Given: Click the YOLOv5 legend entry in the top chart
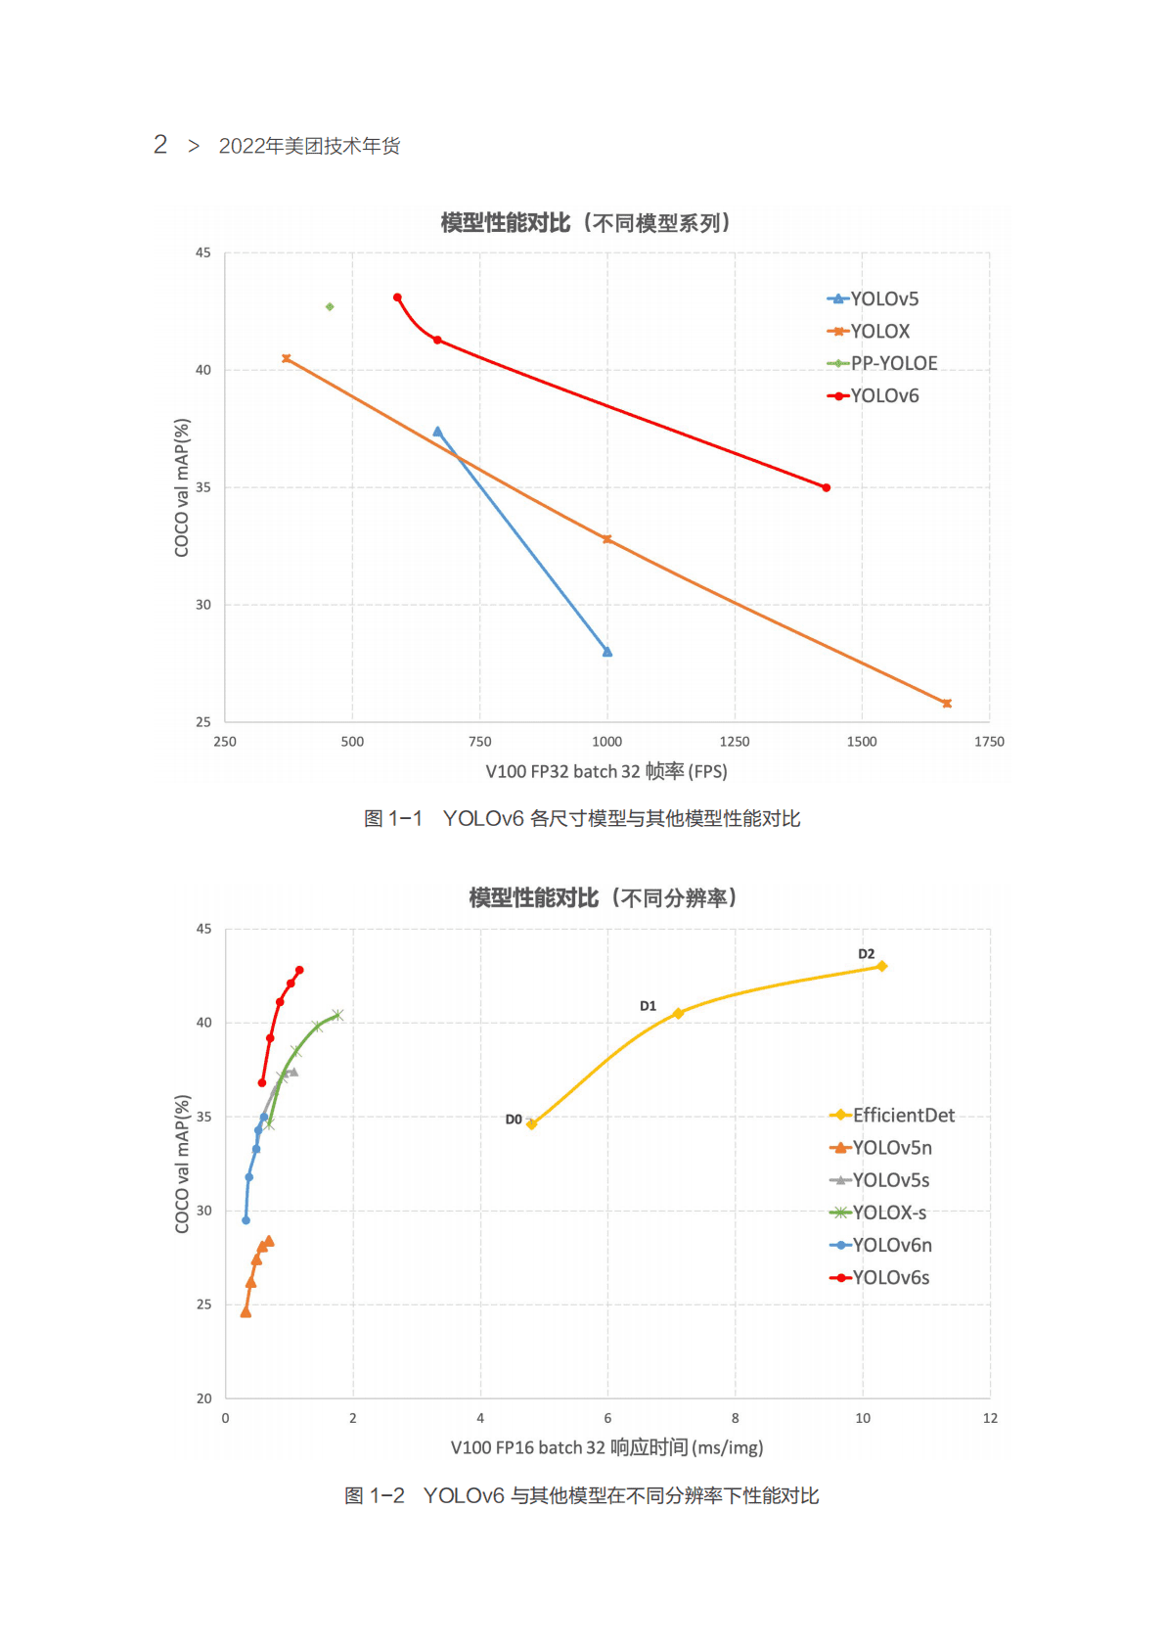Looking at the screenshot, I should (883, 299).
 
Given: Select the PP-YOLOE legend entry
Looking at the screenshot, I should (893, 363).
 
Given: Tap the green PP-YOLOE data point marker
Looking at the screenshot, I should (330, 307).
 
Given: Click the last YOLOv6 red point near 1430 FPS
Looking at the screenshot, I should (827, 487).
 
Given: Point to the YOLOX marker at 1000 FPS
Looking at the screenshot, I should (607, 539).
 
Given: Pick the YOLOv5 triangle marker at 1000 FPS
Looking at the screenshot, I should (607, 652).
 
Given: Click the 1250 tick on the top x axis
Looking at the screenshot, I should (735, 742).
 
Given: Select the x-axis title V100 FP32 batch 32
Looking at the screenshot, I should (606, 772).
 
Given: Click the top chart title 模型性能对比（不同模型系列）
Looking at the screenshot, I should (585, 223).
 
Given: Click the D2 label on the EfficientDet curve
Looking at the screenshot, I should (867, 954).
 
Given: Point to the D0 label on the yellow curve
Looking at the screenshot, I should (514, 1120).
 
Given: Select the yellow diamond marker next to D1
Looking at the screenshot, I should (678, 1014).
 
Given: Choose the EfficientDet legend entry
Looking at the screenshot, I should (903, 1116).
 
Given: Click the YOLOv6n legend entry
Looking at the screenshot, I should (891, 1246).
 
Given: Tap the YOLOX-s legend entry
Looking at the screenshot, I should (888, 1213).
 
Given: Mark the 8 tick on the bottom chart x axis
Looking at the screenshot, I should (736, 1418).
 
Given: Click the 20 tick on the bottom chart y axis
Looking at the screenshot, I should (203, 1398).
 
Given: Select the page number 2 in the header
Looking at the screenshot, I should (160, 145).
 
